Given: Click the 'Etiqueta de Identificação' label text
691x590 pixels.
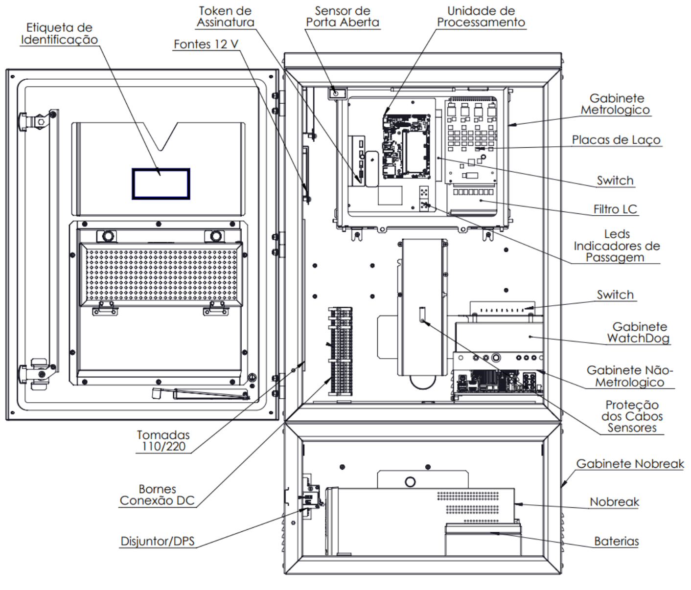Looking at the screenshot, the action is pyautogui.click(x=59, y=33).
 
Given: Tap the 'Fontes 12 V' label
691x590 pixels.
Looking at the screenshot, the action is pyautogui.click(x=206, y=44).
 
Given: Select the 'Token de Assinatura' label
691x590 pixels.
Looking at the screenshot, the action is pyautogui.click(x=225, y=17).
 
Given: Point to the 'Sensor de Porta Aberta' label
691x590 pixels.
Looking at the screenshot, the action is pyautogui.click(x=343, y=17).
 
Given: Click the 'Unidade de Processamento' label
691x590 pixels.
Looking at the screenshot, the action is pyautogui.click(x=481, y=17).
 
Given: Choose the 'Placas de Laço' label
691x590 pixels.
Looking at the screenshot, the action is pyautogui.click(x=616, y=140).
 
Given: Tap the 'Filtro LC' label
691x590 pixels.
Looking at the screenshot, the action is pyautogui.click(x=615, y=209).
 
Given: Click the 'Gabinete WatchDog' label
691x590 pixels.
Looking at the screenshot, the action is pyautogui.click(x=639, y=332).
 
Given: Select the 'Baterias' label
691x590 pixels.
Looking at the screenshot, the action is pyautogui.click(x=617, y=541).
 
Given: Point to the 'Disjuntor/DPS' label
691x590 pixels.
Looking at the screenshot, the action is pyautogui.click(x=158, y=541).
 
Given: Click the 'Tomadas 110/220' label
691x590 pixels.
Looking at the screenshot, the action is pyautogui.click(x=163, y=441).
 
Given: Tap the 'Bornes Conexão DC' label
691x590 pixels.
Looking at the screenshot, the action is pyautogui.click(x=157, y=495).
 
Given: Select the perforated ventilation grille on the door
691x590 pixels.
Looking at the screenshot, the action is pyautogui.click(x=161, y=274).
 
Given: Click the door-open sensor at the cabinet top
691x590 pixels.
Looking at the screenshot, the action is pyautogui.click(x=336, y=93).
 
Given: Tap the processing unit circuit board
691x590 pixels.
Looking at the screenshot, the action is pyautogui.click(x=406, y=146).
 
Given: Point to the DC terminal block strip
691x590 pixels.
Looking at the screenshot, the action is pyautogui.click(x=340, y=351).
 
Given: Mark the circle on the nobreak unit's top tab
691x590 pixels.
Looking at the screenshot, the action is pyautogui.click(x=410, y=482).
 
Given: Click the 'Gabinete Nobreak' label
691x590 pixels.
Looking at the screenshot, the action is pyautogui.click(x=630, y=464).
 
